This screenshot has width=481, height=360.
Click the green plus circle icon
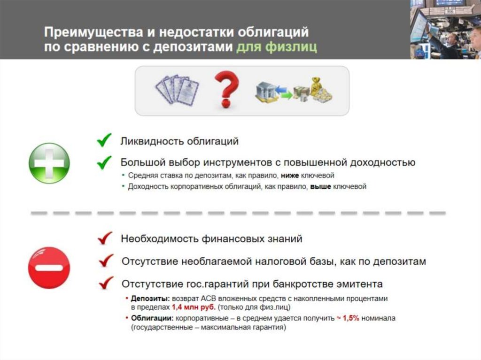pyautogui.click(x=49, y=163)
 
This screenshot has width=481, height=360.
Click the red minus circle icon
pyautogui.click(x=49, y=267)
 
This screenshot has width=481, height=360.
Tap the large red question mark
pyautogui.click(x=226, y=89)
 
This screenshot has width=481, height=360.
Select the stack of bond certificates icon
pyautogui.click(x=178, y=89)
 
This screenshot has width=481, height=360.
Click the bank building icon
pyautogui.click(x=265, y=92)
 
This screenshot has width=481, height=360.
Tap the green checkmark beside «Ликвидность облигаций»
pyautogui.click(x=104, y=140)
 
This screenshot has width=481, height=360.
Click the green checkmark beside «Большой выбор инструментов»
pyautogui.click(x=104, y=162)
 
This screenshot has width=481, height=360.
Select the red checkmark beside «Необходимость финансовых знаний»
pyautogui.click(x=105, y=238)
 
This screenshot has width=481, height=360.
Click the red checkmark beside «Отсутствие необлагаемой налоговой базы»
pyautogui.click(x=107, y=260)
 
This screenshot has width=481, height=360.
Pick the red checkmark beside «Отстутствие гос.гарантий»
pyautogui.click(x=107, y=283)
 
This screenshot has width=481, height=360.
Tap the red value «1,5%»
pyautogui.click(x=351, y=318)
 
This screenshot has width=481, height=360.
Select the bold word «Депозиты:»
pyautogui.click(x=150, y=299)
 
